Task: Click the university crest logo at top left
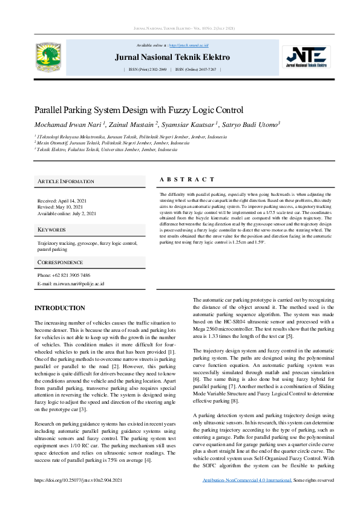click(x=48, y=56)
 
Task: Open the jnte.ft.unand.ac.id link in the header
click(x=189, y=45)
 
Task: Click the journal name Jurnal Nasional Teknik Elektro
click(x=172, y=57)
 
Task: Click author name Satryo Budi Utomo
click(x=253, y=124)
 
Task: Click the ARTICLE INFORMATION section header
click(x=66, y=181)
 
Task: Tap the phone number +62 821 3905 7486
click(x=64, y=275)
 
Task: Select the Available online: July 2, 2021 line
click(x=67, y=213)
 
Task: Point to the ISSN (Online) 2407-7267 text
click(x=195, y=70)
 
